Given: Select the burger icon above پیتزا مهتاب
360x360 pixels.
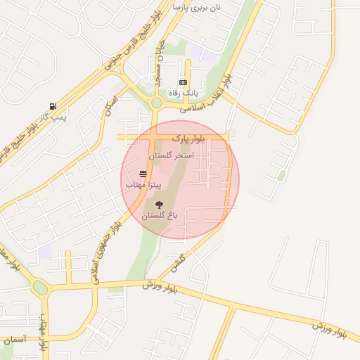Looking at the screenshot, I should pyautogui.click(x=143, y=173).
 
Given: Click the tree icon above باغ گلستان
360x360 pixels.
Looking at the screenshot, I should pyautogui.click(x=159, y=205).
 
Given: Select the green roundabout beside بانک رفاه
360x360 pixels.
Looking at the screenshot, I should pyautogui.click(x=156, y=103).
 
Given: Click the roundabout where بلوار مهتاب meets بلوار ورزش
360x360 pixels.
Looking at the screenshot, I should pyautogui.click(x=40, y=288).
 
